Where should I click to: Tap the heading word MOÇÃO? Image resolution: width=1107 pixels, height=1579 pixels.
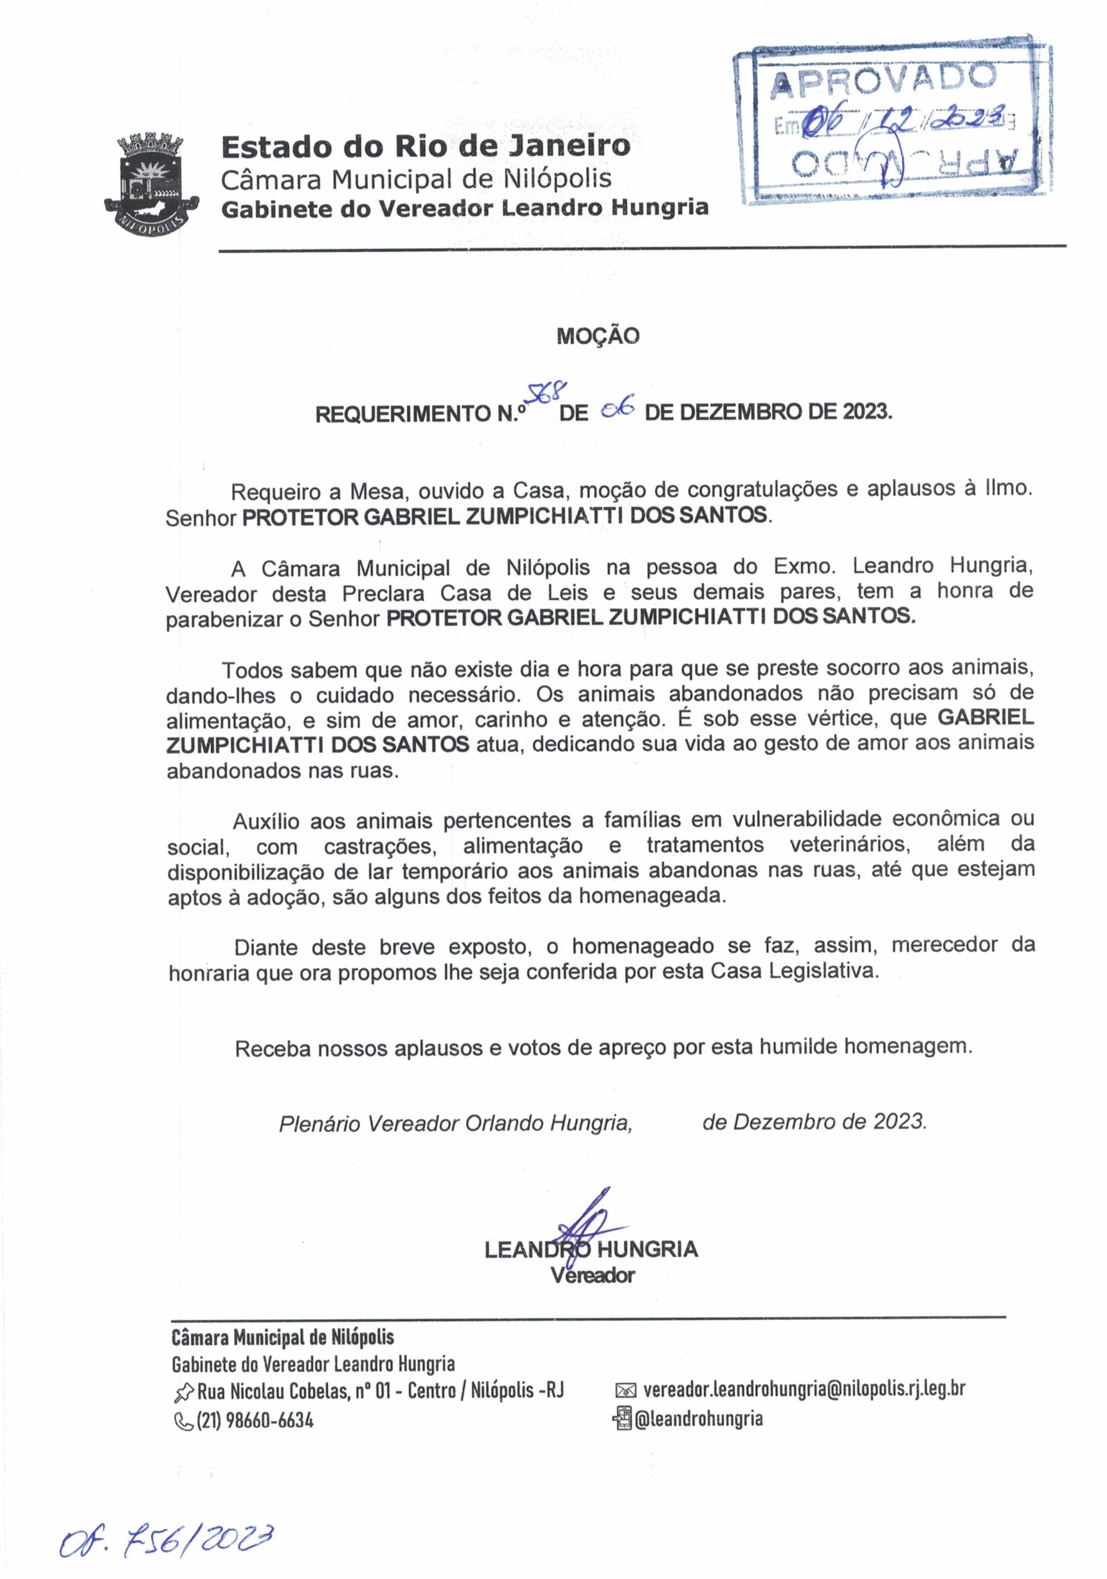pyautogui.click(x=597, y=336)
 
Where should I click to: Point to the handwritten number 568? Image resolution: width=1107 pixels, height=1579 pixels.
pyautogui.click(x=546, y=394)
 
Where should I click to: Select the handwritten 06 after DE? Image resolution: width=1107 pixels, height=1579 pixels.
pyautogui.click(x=616, y=410)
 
